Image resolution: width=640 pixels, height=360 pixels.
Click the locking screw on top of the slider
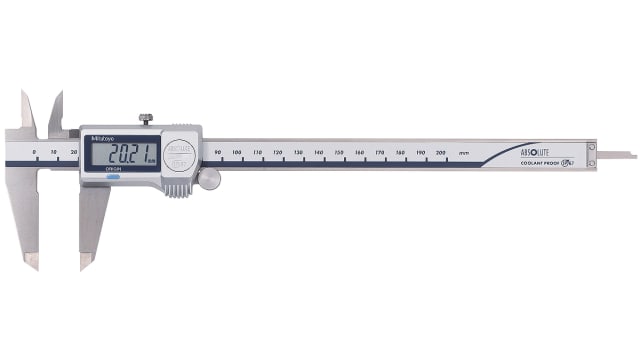coord(145,120)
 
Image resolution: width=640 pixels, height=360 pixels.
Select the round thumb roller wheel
coord(209,178)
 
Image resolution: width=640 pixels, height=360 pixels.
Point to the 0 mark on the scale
coord(34,152)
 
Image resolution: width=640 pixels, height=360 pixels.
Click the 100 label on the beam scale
coord(236,152)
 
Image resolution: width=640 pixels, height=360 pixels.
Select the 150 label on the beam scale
coord(339,152)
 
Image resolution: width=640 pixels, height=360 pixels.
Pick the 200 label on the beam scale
coord(441,152)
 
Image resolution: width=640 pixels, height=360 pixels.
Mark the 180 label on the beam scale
coord(400,152)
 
